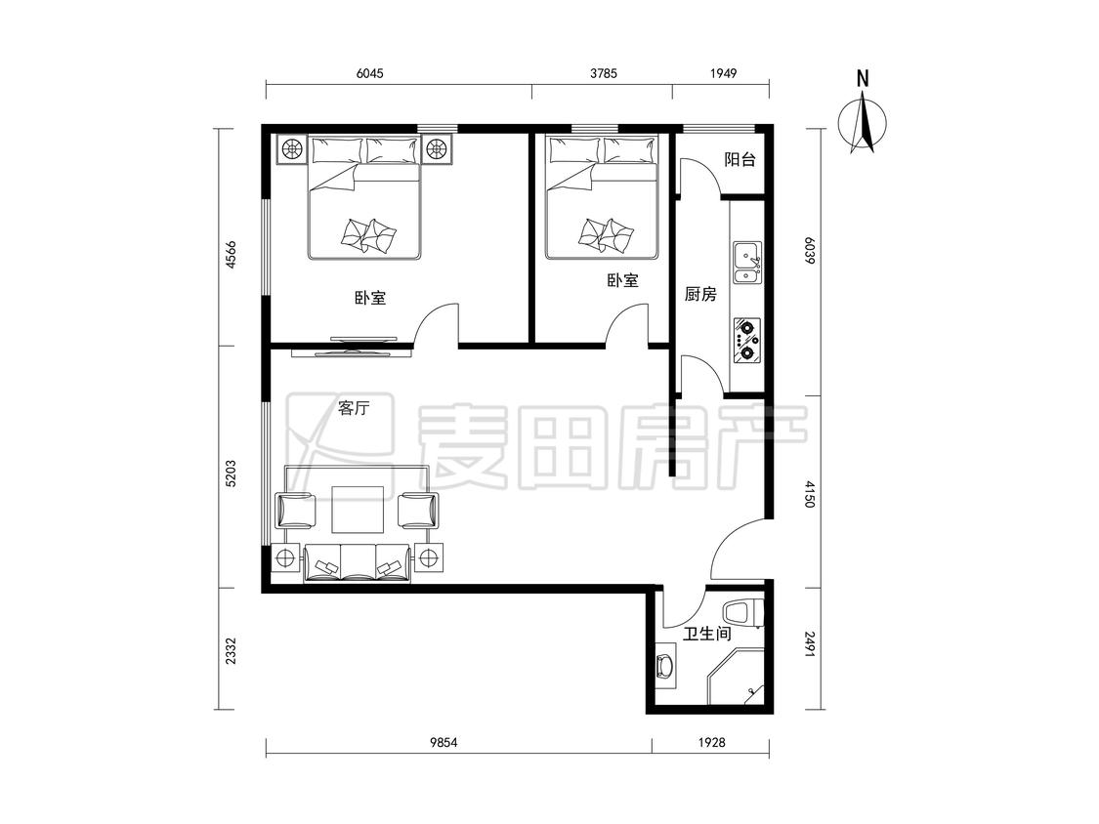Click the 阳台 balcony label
click(x=740, y=159)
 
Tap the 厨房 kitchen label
click(x=700, y=294)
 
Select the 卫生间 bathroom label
click(x=707, y=635)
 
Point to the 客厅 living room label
click(x=354, y=408)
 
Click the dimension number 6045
click(x=370, y=73)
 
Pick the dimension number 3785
click(x=604, y=73)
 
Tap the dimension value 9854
click(x=443, y=742)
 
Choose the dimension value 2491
click(x=810, y=644)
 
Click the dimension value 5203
click(x=231, y=474)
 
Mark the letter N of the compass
click(x=863, y=78)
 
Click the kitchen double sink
click(x=748, y=263)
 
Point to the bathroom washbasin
click(x=664, y=666)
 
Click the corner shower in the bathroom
click(x=736, y=677)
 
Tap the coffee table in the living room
click(x=359, y=509)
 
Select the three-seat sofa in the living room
click(x=357, y=563)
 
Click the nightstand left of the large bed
click(x=291, y=148)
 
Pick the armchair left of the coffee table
click(x=296, y=510)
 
